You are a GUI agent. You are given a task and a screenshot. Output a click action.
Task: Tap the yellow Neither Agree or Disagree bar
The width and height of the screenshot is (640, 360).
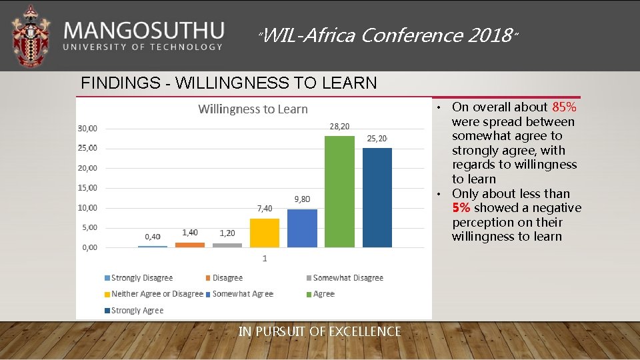tap(265, 233)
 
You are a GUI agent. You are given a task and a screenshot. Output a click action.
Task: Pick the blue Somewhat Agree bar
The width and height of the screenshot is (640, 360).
tap(302, 228)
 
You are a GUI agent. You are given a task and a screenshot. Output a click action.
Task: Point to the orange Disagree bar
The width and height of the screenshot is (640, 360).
tap(190, 245)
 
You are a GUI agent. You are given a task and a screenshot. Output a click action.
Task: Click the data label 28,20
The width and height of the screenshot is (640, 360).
tap(339, 127)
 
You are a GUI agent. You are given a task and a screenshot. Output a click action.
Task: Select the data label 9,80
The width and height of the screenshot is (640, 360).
tap(302, 199)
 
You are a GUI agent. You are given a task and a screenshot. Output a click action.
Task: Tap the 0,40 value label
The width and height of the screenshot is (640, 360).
tap(153, 237)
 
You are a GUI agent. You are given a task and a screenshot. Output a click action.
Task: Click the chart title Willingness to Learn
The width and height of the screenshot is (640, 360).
tap(253, 109)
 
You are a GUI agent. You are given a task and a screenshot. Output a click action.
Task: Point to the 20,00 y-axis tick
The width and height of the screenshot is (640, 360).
tap(87, 168)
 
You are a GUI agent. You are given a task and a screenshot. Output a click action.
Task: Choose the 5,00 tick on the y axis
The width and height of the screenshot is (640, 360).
tap(89, 227)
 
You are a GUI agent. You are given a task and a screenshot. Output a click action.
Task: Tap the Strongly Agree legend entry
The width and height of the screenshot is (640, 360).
tap(137, 311)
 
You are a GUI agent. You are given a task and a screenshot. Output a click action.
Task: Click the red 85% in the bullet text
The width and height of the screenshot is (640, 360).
tap(564, 107)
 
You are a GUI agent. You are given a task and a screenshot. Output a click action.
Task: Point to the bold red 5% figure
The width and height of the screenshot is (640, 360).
tap(461, 208)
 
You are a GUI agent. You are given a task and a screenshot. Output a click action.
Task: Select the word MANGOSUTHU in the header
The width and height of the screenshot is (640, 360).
tap(144, 30)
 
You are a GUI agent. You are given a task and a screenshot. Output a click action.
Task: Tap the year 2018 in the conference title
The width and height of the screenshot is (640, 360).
tap(489, 35)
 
